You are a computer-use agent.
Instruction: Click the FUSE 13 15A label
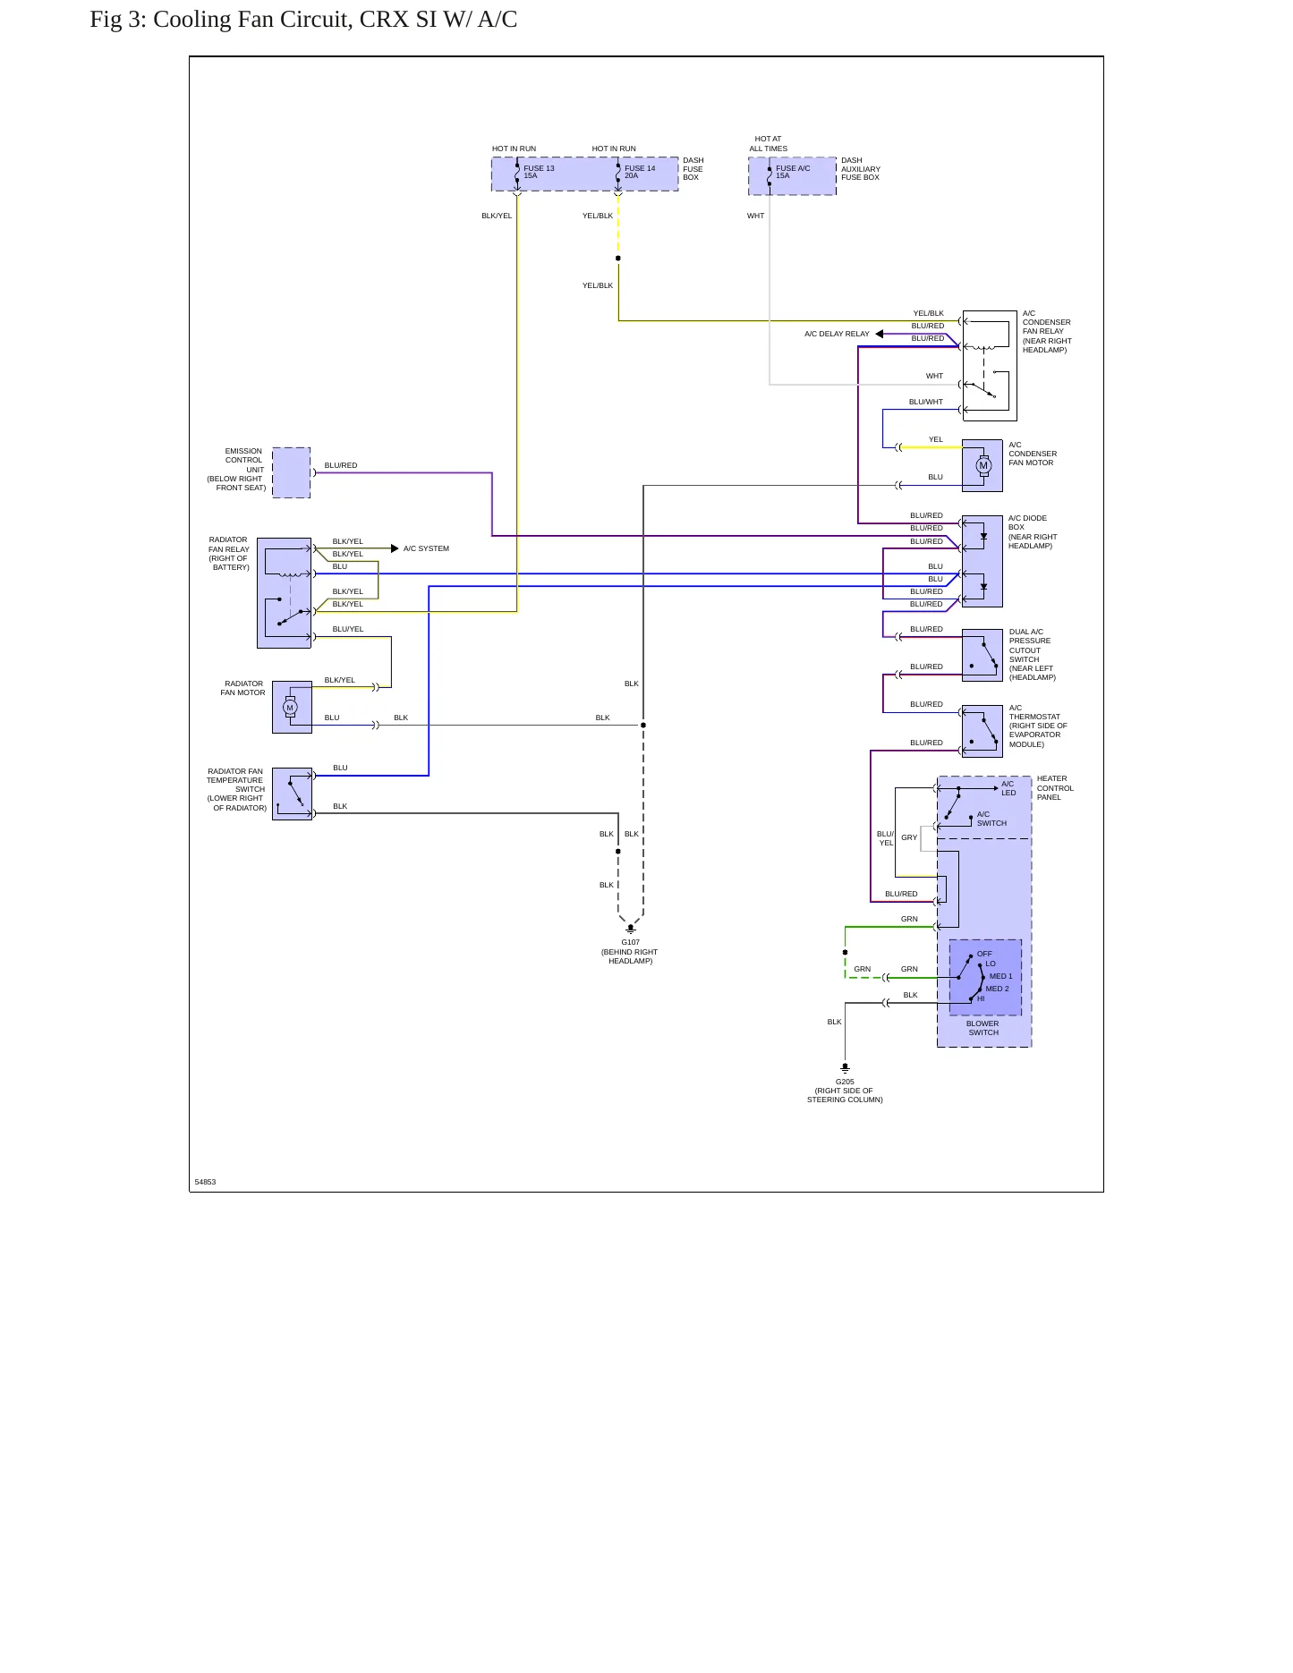tap(539, 172)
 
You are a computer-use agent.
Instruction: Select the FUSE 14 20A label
tap(640, 172)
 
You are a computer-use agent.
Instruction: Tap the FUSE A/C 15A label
tap(793, 172)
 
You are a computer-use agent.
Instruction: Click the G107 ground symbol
tap(630, 929)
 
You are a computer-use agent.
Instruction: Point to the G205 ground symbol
tap(845, 1068)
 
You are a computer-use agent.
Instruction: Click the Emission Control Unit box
tap(291, 472)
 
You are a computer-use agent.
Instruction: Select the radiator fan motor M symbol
tap(289, 708)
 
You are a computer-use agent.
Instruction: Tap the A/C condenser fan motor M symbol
tap(983, 465)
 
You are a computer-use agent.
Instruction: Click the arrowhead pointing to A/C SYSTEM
tap(395, 548)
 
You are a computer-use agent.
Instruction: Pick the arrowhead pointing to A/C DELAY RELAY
tap(880, 334)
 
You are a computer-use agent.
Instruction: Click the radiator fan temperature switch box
tap(292, 794)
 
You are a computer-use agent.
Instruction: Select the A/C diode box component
tap(983, 561)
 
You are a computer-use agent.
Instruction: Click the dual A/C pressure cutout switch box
tap(983, 656)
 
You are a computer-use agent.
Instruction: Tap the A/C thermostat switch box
tap(983, 731)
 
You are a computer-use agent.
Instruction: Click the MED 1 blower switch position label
tap(1000, 976)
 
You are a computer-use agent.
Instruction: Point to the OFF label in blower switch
tap(984, 954)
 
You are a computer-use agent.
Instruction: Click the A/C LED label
tap(1008, 788)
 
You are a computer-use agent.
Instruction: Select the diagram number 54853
tap(205, 1182)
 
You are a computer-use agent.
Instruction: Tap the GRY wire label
tap(909, 837)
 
